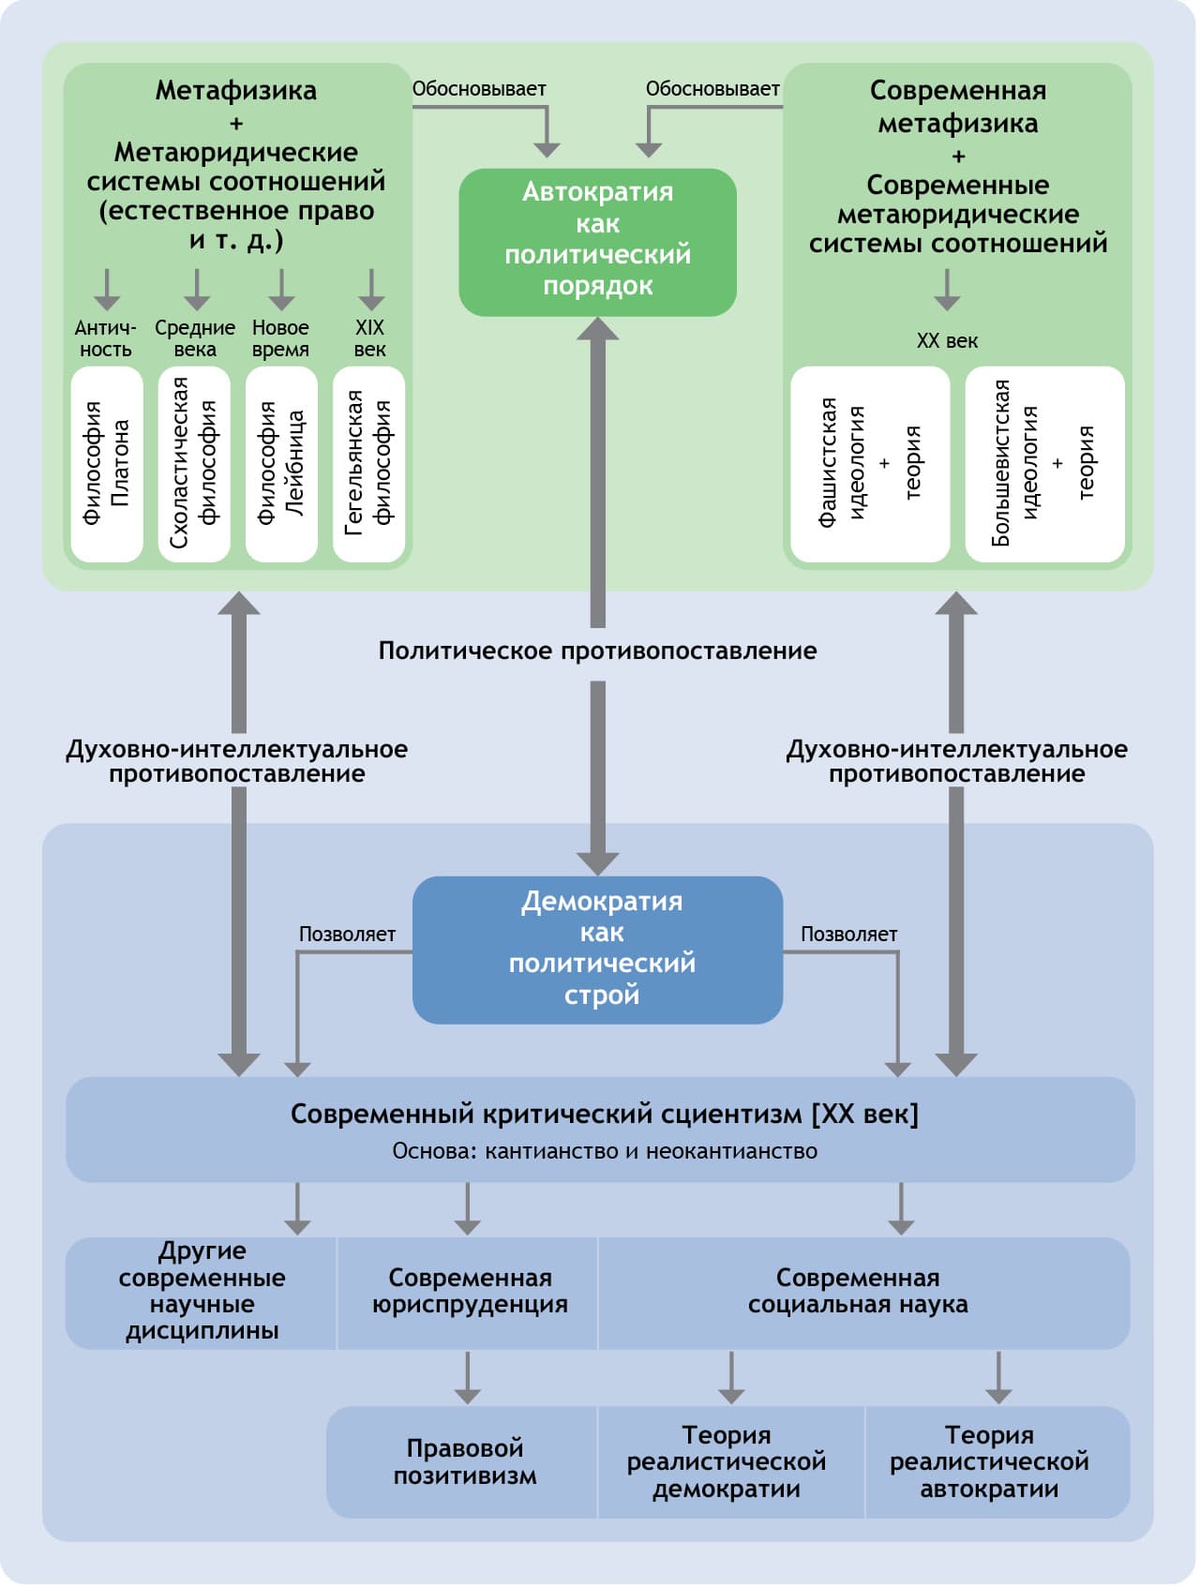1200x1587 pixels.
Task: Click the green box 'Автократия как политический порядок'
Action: [597, 242]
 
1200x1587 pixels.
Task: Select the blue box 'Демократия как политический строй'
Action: [597, 949]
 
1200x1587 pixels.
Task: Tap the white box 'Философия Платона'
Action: [107, 464]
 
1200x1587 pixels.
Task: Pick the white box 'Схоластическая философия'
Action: [194, 464]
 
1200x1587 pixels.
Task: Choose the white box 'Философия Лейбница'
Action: [281, 464]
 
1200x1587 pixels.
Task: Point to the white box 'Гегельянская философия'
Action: [369, 464]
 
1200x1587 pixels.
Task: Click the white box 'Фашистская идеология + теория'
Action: [870, 464]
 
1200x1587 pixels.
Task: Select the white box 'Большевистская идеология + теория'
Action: [1044, 464]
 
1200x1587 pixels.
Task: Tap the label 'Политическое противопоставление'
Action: [597, 651]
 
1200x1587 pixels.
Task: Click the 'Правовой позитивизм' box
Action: [464, 1461]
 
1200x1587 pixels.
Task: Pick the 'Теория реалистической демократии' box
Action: [727, 1461]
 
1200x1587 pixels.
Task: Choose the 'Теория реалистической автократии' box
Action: [989, 1461]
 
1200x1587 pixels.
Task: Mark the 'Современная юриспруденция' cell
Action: [469, 1292]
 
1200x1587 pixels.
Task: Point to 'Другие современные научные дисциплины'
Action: [202, 1292]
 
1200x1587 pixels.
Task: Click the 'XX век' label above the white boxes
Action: [947, 341]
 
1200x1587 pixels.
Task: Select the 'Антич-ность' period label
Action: [105, 338]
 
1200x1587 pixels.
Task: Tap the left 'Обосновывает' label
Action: [479, 89]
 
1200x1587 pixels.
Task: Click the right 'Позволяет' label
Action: [848, 935]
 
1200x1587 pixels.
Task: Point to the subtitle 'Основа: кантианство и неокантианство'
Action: [605, 1151]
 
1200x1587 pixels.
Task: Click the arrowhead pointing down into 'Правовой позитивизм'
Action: [467, 1394]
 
